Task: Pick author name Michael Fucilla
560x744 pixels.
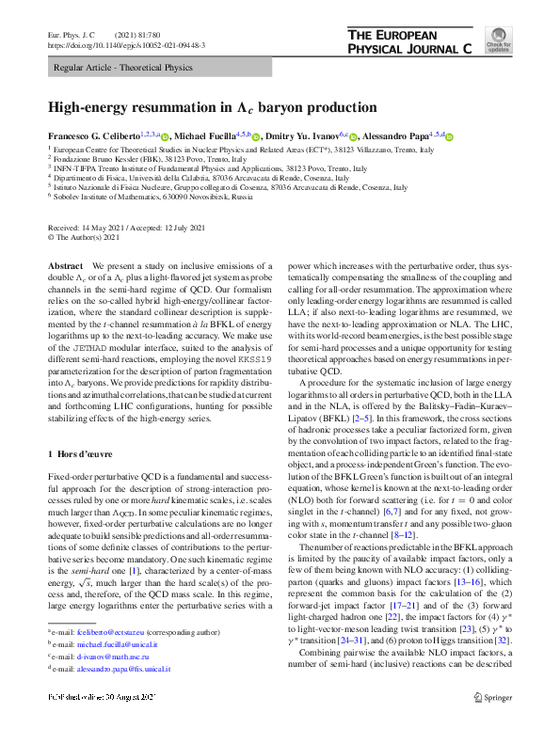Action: coord(215,136)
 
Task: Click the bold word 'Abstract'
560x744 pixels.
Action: coord(66,268)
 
